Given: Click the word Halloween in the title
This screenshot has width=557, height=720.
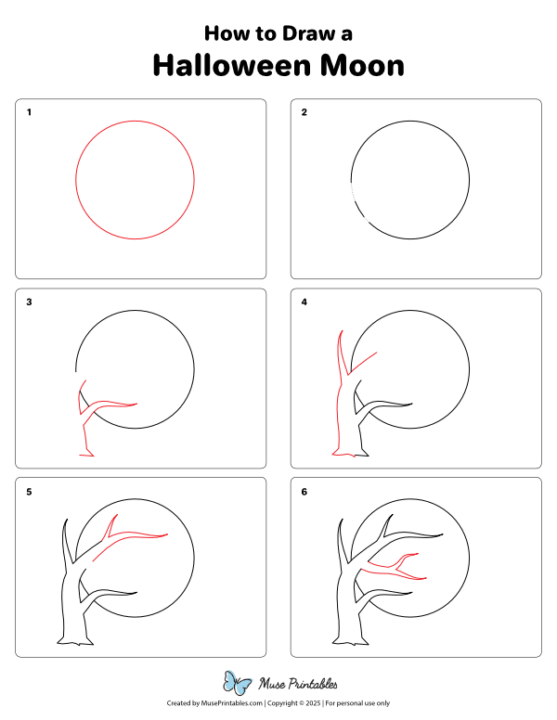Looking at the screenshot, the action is pyautogui.click(x=233, y=65).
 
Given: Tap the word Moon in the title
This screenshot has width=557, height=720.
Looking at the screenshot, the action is pyautogui.click(x=362, y=65).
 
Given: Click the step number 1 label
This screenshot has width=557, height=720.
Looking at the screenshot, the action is pyautogui.click(x=29, y=112).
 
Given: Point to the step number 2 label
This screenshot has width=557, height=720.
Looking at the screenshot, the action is pyautogui.click(x=304, y=112).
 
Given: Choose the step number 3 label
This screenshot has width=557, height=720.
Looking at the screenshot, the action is pyautogui.click(x=29, y=302).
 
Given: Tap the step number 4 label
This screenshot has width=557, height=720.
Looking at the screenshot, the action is pyautogui.click(x=304, y=302).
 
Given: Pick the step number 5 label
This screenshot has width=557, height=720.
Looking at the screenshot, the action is pyautogui.click(x=29, y=492).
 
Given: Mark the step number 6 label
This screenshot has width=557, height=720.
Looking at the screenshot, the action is pyautogui.click(x=304, y=492).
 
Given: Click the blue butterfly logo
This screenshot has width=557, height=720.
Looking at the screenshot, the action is pyautogui.click(x=237, y=683).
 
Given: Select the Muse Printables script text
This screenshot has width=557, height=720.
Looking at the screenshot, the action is pyautogui.click(x=298, y=684).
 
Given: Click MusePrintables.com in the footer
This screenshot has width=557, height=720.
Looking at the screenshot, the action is pyautogui.click(x=232, y=703).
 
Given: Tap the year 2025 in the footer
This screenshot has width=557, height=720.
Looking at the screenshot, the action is pyautogui.click(x=314, y=703).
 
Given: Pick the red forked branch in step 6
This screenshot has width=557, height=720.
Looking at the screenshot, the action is pyautogui.click(x=395, y=568).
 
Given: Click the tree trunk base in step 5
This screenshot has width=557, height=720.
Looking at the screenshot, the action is pyautogui.click(x=75, y=641).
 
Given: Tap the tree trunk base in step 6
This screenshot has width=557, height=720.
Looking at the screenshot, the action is pyautogui.click(x=351, y=641).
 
